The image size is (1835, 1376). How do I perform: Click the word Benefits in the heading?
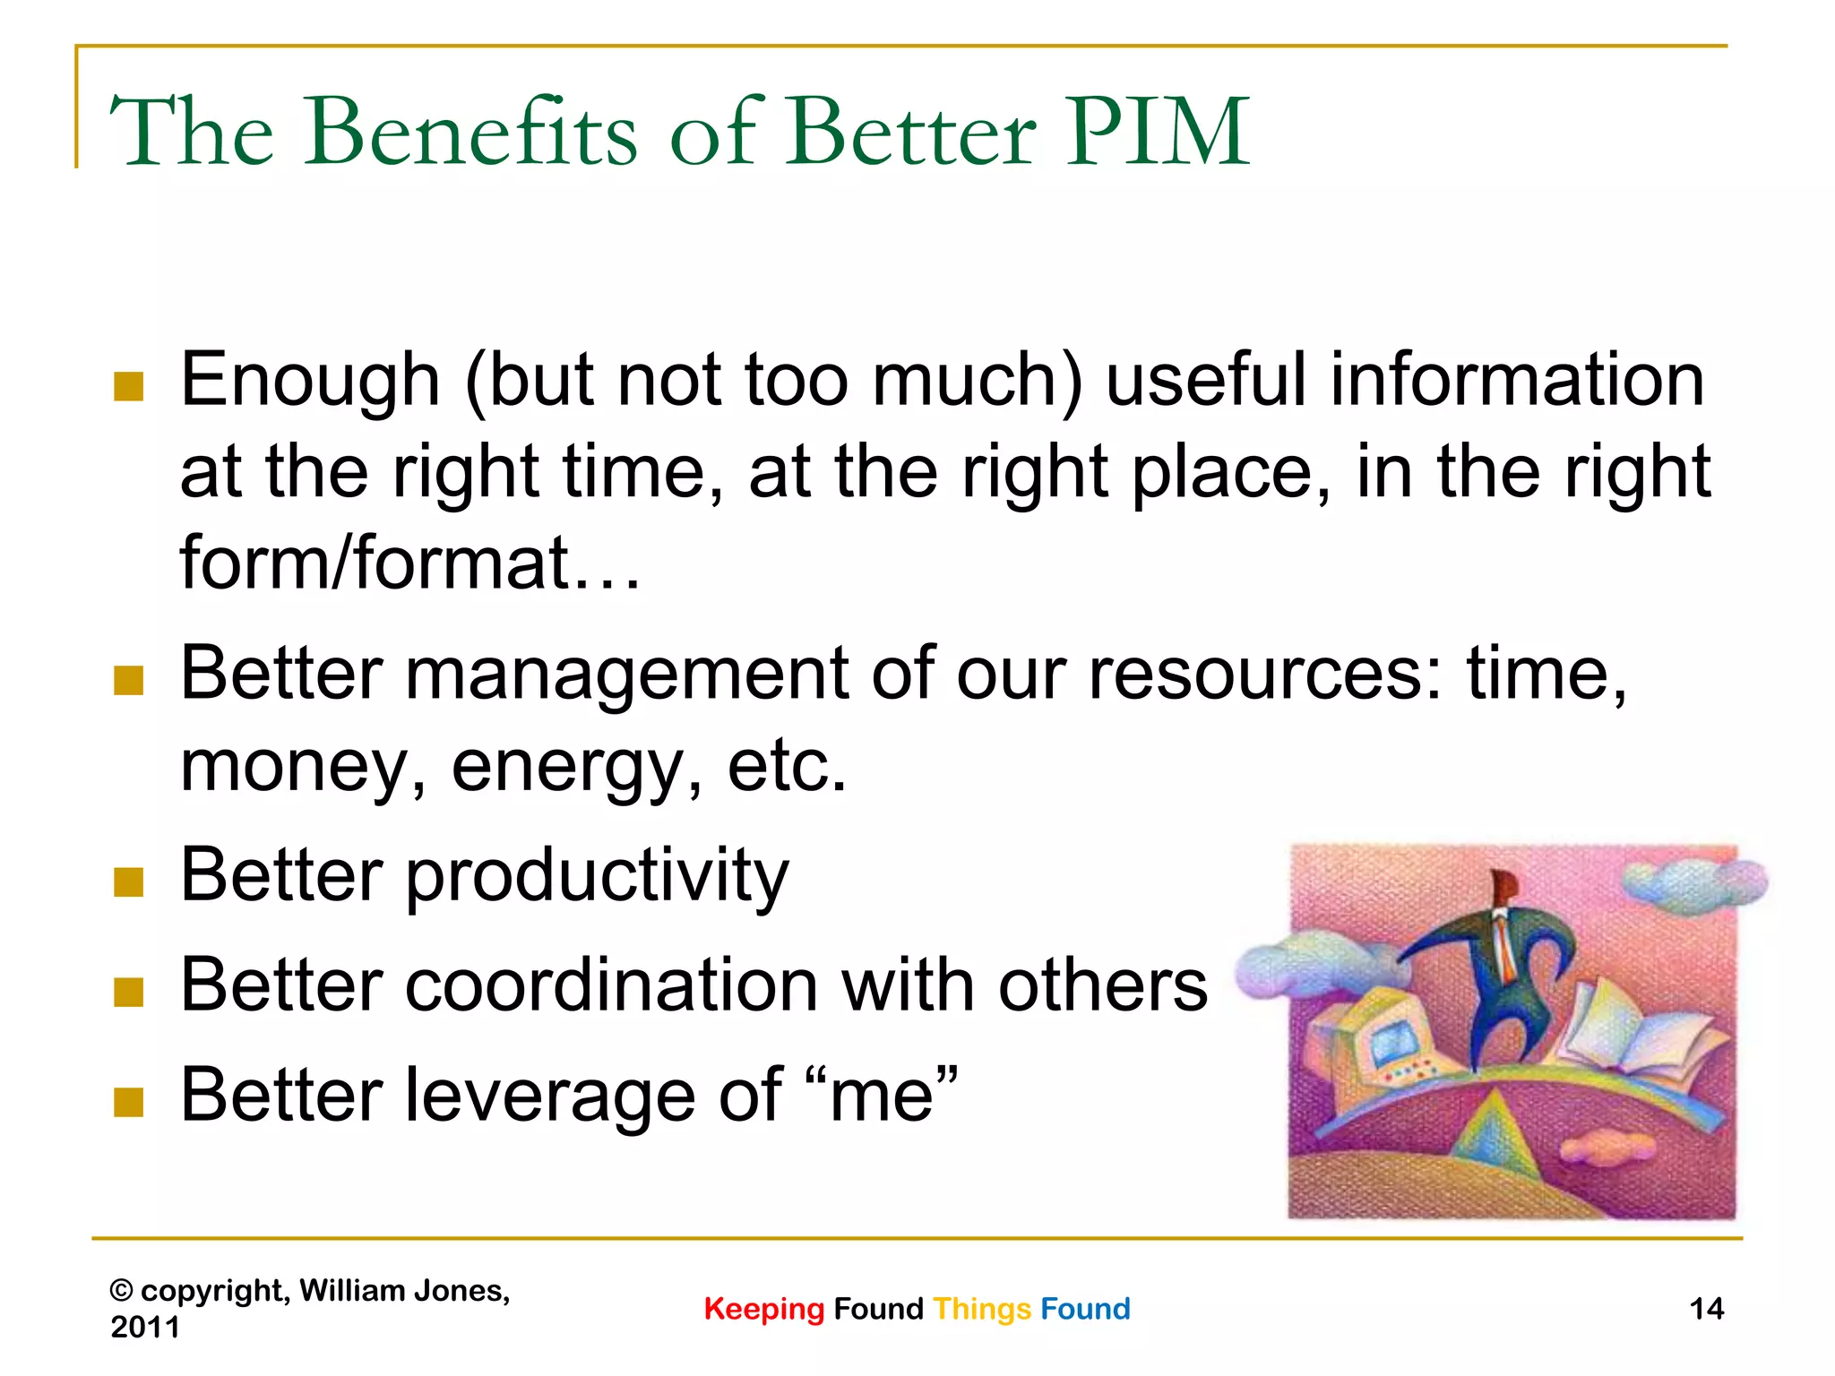470,133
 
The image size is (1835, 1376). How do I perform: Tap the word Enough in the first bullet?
310,381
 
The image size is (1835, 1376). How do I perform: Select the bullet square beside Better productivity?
129,882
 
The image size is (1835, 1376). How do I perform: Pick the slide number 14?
1706,1309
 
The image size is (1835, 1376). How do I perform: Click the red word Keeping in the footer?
763,1309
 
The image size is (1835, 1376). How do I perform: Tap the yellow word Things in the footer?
982,1309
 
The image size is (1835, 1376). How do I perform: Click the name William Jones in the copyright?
403,1291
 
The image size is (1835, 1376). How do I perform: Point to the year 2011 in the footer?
144,1327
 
